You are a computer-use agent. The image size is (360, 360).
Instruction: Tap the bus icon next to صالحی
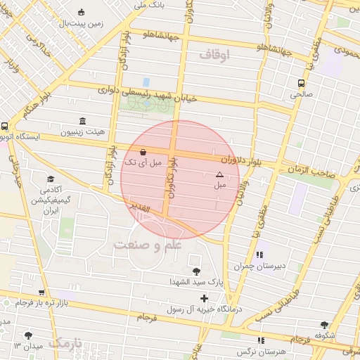point(301,82)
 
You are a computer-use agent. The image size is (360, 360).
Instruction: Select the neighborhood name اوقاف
point(214,54)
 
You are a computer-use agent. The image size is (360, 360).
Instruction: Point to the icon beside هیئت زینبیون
point(83,120)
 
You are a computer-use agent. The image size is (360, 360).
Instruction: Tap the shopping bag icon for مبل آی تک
point(143,151)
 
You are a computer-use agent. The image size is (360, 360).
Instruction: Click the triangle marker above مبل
point(219,174)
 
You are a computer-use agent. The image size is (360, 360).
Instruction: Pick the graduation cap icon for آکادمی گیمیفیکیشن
point(50,179)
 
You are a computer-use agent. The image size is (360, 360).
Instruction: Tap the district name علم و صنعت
point(148,244)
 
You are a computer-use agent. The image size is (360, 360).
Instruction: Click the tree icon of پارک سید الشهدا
point(195,271)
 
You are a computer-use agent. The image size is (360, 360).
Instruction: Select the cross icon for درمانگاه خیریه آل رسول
point(205,298)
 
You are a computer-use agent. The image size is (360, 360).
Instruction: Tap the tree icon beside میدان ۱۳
point(28,335)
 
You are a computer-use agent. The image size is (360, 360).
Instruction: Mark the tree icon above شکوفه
point(324,325)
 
